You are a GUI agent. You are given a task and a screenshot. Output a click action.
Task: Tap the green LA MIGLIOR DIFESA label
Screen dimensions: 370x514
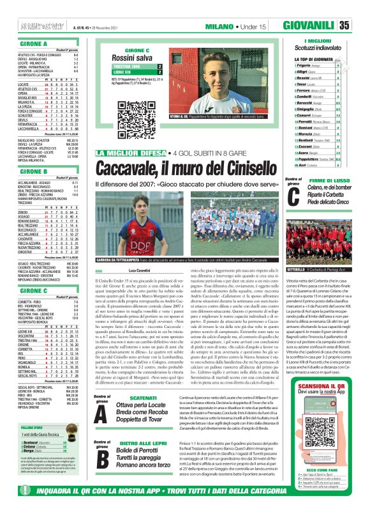(133, 154)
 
